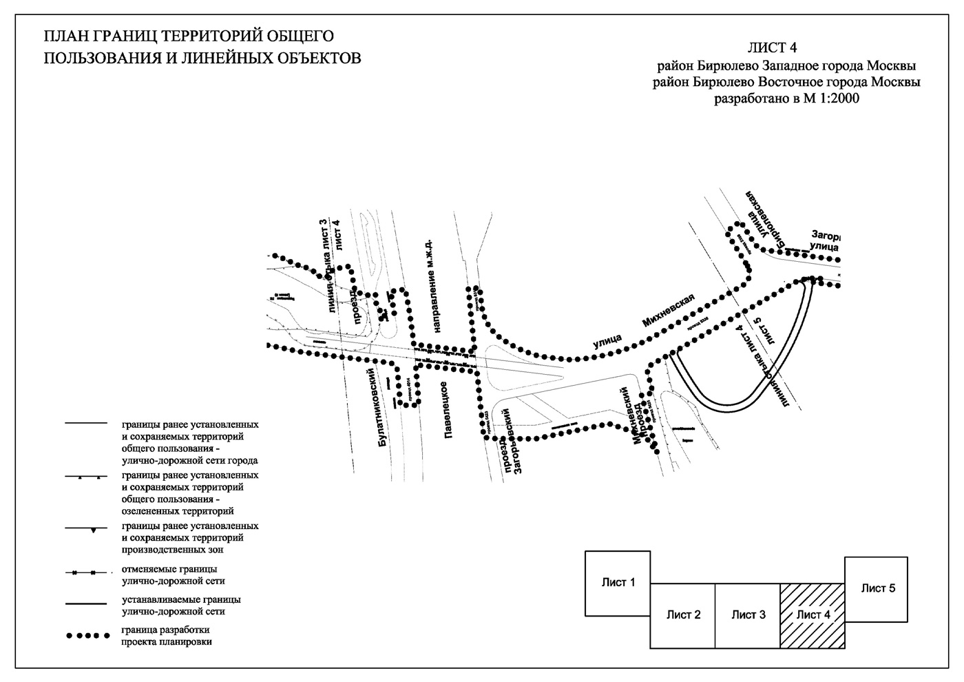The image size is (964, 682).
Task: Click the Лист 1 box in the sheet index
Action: click(618, 583)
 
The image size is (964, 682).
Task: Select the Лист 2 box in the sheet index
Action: click(683, 615)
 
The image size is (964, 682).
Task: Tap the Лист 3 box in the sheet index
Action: click(748, 615)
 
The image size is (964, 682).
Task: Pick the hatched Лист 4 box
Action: click(813, 615)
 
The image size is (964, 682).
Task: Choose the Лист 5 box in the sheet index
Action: click(878, 588)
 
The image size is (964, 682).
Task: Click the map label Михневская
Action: click(669, 310)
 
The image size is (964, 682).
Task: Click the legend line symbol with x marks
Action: click(87, 572)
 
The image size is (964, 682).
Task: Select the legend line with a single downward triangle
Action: click(87, 529)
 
